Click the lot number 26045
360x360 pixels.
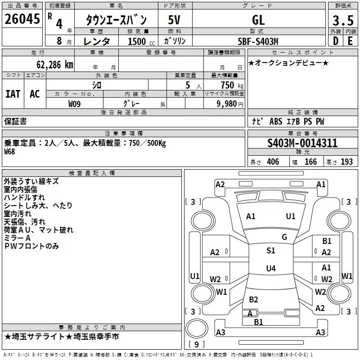click(22, 19)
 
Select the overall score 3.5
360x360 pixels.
click(343, 20)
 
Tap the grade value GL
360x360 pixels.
click(258, 20)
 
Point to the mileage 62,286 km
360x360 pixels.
click(55, 65)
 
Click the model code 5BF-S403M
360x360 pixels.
click(258, 41)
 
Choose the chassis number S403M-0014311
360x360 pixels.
click(302, 143)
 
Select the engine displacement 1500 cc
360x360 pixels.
click(141, 41)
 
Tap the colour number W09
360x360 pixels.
click(74, 104)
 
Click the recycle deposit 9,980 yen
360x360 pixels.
click(230, 104)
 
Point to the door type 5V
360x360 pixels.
click(174, 20)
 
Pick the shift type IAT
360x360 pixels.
click(13, 94)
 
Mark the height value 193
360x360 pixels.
click(346, 162)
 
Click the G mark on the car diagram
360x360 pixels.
click(284, 237)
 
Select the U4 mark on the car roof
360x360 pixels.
click(271, 268)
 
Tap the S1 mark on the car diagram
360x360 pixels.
click(271, 251)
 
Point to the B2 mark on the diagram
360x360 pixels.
click(253, 300)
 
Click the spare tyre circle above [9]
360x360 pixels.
click(197, 328)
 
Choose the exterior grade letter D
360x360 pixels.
click(336, 41)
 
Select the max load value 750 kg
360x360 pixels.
click(232, 85)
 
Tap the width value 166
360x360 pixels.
click(310, 162)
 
